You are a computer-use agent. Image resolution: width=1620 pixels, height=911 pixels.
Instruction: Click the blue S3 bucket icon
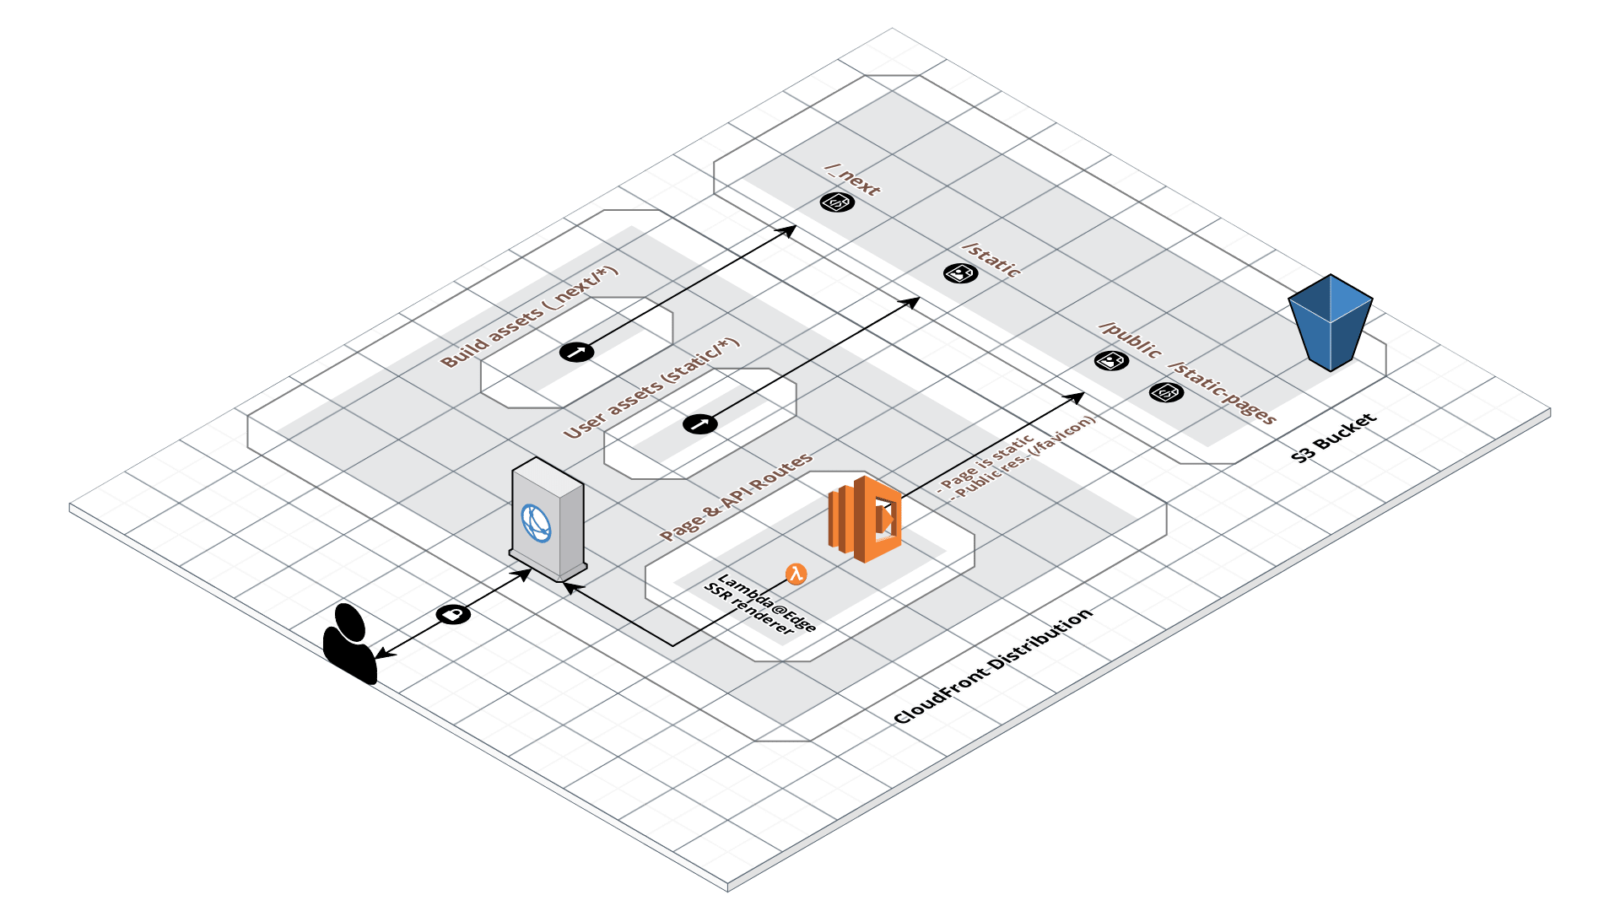[x=1330, y=324]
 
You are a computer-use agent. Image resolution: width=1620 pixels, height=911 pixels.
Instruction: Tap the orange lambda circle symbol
[x=796, y=574]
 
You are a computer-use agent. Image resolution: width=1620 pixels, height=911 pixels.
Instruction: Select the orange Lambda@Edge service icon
[x=866, y=519]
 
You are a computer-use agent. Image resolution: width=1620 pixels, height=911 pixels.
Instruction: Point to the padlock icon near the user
[x=453, y=614]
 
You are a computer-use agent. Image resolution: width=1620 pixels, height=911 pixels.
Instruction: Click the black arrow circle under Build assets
[x=576, y=352]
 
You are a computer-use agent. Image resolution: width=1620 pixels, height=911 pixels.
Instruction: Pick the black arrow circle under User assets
[x=699, y=423]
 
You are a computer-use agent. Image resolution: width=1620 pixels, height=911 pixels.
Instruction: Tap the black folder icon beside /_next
[x=837, y=202]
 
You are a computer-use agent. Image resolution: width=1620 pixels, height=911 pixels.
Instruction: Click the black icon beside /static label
[x=960, y=273]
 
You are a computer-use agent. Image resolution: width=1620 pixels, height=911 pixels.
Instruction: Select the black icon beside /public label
[x=1111, y=360]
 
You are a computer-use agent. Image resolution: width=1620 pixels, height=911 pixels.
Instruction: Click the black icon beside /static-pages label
[x=1166, y=392]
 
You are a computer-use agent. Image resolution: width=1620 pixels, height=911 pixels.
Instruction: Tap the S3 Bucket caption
[x=1334, y=438]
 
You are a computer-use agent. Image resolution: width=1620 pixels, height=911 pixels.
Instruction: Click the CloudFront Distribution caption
[x=993, y=666]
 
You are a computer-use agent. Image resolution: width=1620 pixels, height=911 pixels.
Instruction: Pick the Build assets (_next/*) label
[x=529, y=317]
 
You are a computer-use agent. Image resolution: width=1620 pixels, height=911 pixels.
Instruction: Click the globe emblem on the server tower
[x=536, y=523]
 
